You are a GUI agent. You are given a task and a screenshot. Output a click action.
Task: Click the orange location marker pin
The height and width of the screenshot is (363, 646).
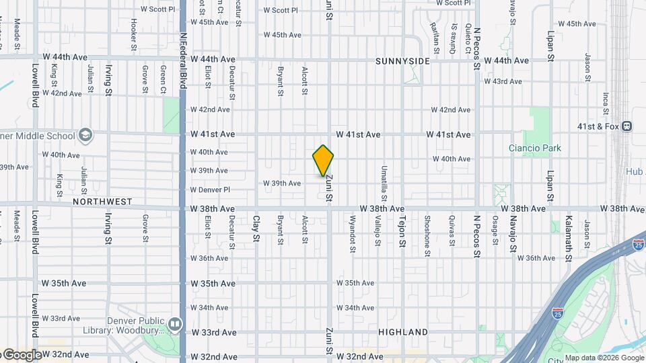(x=324, y=161)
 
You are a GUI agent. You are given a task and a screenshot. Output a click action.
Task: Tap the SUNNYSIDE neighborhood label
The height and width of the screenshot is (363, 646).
(x=402, y=61)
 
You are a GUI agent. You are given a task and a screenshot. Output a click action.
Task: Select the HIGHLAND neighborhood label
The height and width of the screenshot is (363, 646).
(x=403, y=332)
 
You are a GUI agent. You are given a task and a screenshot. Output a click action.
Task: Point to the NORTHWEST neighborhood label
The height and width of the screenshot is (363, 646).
(x=102, y=202)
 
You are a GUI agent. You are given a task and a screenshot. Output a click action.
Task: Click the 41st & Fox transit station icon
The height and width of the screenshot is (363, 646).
(x=626, y=126)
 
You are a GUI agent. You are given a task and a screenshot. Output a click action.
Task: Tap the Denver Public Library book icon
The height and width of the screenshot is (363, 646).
(x=175, y=325)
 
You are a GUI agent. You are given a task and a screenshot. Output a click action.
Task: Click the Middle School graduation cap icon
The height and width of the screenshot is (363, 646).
(x=85, y=135)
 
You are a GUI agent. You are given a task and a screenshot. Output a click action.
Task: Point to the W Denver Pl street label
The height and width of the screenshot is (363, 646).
(x=210, y=190)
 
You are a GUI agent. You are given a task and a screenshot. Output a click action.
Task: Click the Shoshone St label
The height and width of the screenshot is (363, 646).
(x=427, y=235)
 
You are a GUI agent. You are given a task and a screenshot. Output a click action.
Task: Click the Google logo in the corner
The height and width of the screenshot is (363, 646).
(x=22, y=355)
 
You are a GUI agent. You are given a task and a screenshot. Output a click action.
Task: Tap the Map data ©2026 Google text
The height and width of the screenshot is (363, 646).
(x=604, y=358)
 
